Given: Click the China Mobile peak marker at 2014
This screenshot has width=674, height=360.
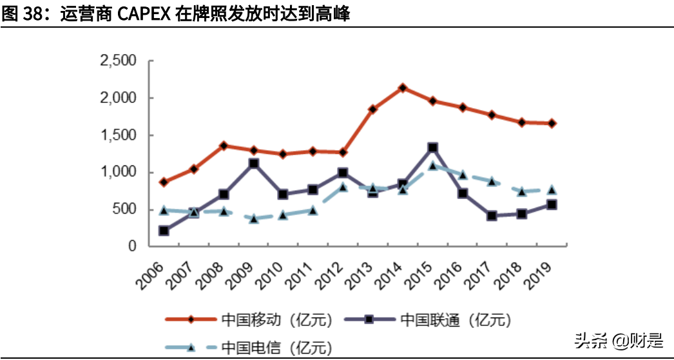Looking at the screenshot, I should tap(403, 88).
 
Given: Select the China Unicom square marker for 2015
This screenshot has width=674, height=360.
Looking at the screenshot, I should tap(433, 148).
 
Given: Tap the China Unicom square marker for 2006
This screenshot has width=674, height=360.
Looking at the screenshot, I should tap(164, 231).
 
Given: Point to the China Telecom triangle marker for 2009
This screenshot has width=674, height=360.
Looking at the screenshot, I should tap(254, 219).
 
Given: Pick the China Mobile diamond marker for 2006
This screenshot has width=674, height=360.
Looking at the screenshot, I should tap(164, 182).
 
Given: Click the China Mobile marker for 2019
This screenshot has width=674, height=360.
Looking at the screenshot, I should tap(552, 123).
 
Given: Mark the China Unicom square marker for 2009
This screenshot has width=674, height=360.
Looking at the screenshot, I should tap(254, 164).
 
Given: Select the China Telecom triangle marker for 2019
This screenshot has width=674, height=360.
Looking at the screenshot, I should tap(552, 189).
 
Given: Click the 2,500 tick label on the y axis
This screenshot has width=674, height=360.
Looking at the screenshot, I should tap(118, 61).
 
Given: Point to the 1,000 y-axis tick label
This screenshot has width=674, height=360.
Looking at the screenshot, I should tap(118, 173).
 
